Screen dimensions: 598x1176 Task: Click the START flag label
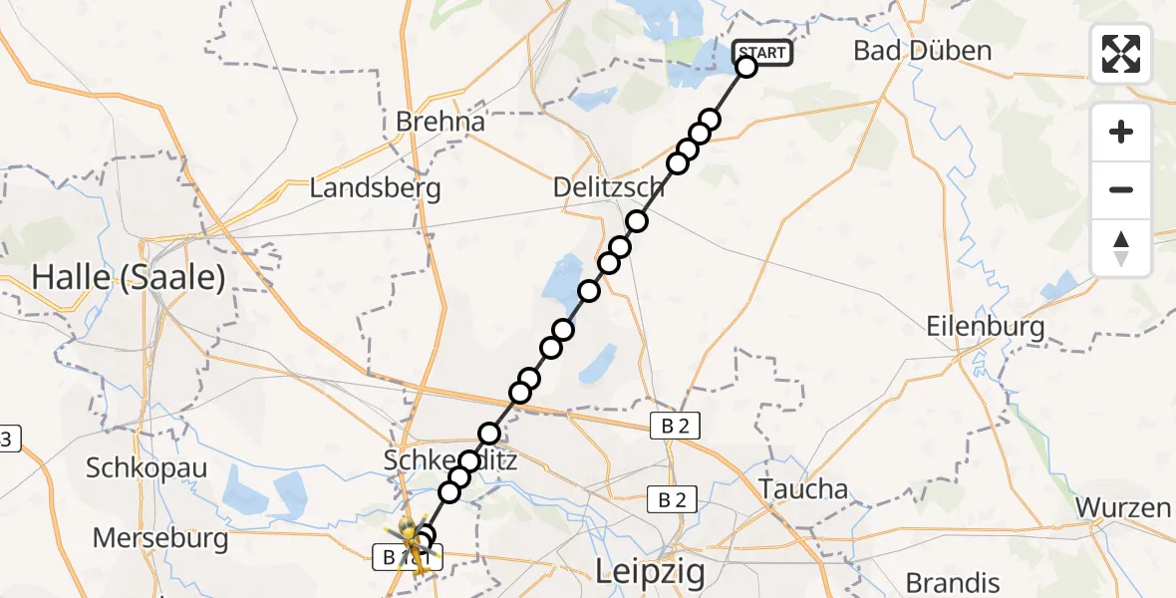tap(762, 53)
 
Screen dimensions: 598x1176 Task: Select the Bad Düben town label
tap(923, 51)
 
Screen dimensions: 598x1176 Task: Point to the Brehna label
tap(441, 123)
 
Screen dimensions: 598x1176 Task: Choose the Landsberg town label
tap(375, 187)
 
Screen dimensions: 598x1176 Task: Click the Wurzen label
tap(1123, 507)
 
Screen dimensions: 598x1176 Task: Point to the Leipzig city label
tap(650, 572)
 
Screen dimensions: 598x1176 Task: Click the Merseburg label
tap(160, 539)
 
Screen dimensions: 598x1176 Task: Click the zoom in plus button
tap(1121, 132)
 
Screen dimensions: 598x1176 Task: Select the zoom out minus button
tap(1121, 189)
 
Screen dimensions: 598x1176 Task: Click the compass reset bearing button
tap(1121, 248)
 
